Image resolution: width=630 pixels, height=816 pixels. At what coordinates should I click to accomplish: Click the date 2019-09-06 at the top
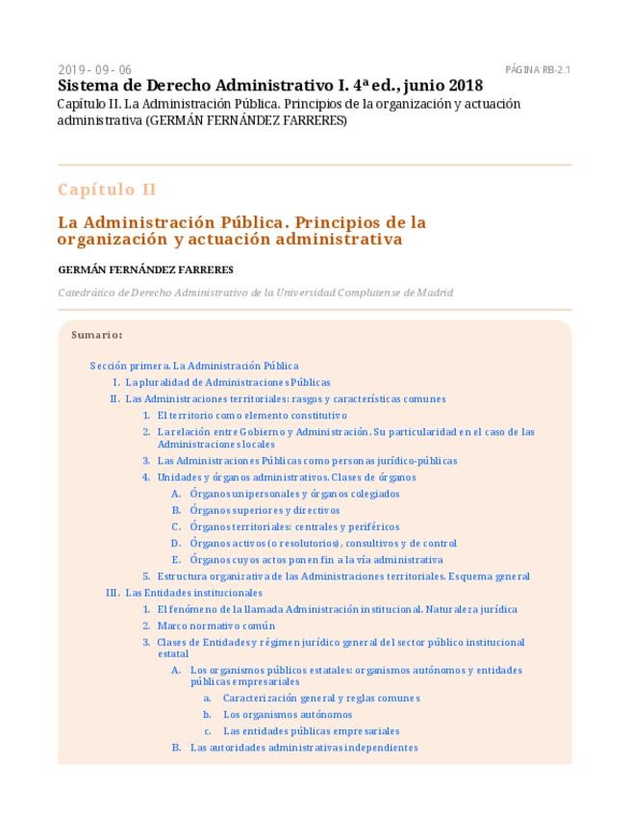tap(94, 70)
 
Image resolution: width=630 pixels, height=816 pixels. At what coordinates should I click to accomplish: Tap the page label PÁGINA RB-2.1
tap(538, 70)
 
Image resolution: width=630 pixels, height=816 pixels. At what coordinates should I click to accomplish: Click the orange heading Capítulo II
tap(107, 190)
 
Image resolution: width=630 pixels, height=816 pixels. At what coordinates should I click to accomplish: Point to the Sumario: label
tap(96, 336)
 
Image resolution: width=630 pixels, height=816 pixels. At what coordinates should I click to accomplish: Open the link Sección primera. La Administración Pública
tap(194, 366)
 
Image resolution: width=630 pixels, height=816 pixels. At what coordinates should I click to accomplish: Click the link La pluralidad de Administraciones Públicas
tap(228, 382)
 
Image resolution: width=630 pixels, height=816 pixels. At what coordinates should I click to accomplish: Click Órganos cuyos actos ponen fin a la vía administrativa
tap(316, 559)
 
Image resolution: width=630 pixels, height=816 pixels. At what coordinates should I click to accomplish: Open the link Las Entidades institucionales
tap(193, 593)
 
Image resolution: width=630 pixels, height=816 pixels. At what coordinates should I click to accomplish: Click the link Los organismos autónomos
tap(288, 715)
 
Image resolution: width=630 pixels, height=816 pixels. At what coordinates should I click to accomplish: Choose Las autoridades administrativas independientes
tap(304, 748)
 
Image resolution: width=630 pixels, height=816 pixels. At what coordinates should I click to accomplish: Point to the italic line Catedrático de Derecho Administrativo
tap(255, 293)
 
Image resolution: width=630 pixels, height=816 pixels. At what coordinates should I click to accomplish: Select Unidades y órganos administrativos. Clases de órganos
tap(287, 477)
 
